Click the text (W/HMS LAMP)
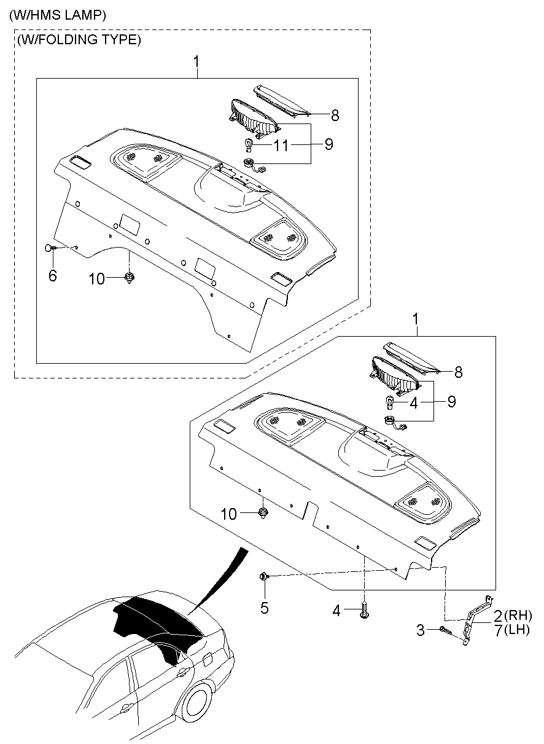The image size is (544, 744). click(58, 14)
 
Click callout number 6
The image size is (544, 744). click(52, 276)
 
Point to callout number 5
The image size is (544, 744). click(265, 608)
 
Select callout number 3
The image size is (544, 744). click(421, 630)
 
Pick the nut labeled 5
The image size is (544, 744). click(263, 576)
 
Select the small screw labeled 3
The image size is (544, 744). click(445, 630)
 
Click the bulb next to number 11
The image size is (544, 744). click(250, 146)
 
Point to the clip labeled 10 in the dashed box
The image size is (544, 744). click(130, 278)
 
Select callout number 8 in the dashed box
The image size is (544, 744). click(335, 115)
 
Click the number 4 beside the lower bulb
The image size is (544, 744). click(414, 402)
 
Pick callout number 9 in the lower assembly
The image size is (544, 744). click(451, 402)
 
